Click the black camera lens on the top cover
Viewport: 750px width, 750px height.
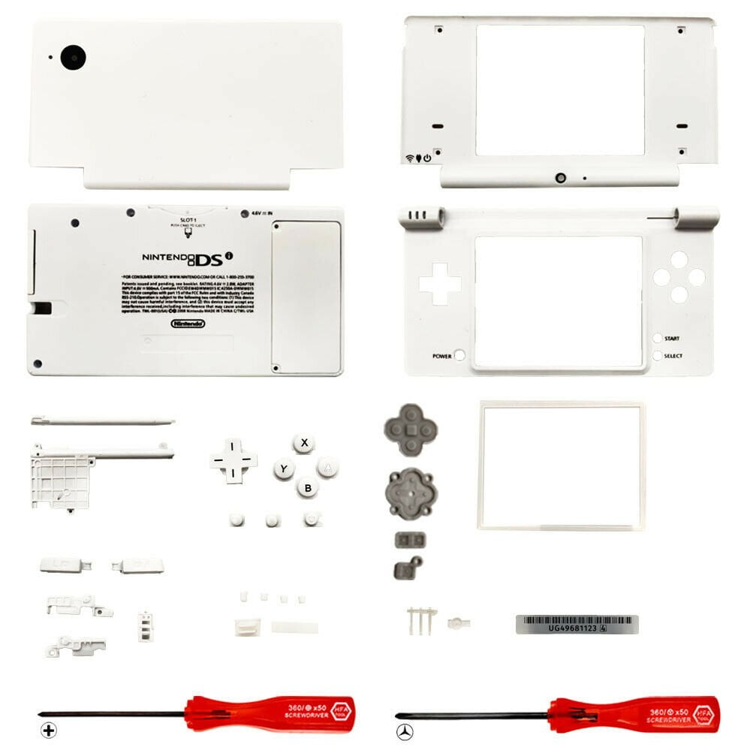pyautogui.click(x=74, y=56)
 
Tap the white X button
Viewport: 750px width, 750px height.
pyautogui.click(x=303, y=442)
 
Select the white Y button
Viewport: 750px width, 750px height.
pyautogui.click(x=283, y=470)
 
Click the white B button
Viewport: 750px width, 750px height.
pyautogui.click(x=307, y=487)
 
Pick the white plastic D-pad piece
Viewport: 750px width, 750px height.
pyautogui.click(x=233, y=460)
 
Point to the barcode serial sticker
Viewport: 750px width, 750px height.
pyautogui.click(x=577, y=624)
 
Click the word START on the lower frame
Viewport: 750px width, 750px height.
pyautogui.click(x=672, y=339)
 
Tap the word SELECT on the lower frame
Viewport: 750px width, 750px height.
pyautogui.click(x=673, y=356)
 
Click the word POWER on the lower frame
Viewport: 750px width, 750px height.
pyautogui.click(x=441, y=356)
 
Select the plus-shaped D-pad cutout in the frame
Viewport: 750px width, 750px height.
pyautogui.click(x=440, y=284)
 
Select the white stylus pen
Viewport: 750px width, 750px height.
pyautogui.click(x=103, y=421)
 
